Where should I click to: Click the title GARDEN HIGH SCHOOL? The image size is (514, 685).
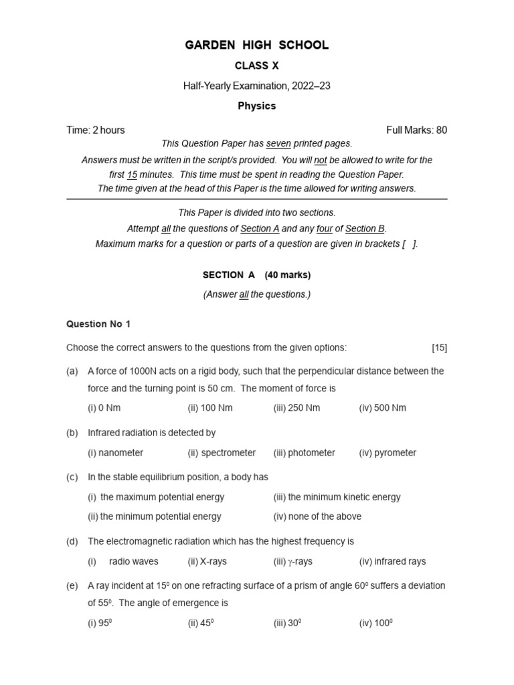(256, 45)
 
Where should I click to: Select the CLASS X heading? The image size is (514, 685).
(256, 66)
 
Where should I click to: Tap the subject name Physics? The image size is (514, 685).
(256, 106)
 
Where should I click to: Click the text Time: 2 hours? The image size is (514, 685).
(95, 130)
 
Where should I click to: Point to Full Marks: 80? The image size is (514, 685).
(416, 130)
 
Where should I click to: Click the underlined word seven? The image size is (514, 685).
(280, 144)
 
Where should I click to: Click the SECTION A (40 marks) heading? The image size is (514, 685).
(256, 275)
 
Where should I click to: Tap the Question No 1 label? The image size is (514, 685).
(98, 324)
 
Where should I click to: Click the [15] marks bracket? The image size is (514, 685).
(439, 348)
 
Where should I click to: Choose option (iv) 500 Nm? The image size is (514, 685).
(382, 408)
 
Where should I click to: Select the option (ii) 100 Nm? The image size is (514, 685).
(210, 408)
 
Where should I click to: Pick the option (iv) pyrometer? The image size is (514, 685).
(388, 453)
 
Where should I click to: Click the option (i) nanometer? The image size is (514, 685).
(115, 453)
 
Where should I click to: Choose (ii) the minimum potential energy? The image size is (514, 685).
(154, 516)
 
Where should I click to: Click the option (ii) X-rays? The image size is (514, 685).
(207, 561)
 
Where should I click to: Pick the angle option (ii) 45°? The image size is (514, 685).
(201, 623)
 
